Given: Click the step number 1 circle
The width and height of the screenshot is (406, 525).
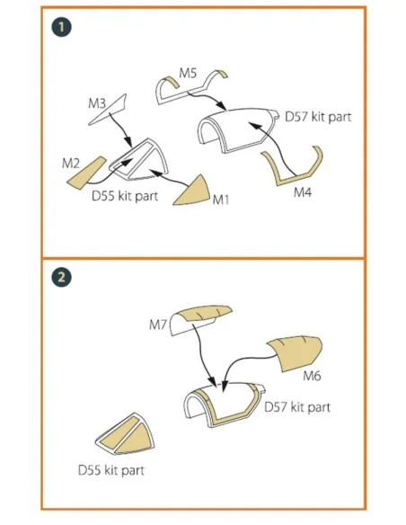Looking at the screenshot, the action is [x=62, y=27].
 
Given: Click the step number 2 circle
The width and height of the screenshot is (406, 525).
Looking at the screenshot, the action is [x=62, y=277].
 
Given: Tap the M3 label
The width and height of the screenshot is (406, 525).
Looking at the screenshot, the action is [x=97, y=103].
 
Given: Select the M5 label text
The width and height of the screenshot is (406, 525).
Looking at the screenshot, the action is [x=188, y=73].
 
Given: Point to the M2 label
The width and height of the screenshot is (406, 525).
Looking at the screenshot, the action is [x=71, y=164].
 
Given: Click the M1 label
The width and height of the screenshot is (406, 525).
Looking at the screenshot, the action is [x=221, y=200].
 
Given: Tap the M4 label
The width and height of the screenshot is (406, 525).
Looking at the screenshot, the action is [x=303, y=192].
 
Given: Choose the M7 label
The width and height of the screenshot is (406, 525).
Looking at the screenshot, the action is [x=158, y=325].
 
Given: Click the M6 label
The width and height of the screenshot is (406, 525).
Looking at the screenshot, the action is [x=312, y=376].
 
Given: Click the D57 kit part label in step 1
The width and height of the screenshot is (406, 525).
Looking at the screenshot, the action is [x=318, y=117].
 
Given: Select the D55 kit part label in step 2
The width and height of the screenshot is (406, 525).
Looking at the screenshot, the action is [x=111, y=470].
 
